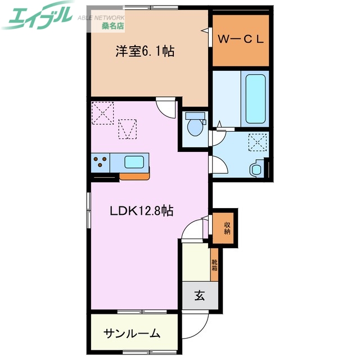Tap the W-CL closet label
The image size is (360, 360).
point(241,39)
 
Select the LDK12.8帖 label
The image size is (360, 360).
point(141,211)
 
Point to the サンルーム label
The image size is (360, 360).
point(132,334)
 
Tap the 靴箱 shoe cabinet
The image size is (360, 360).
point(214,264)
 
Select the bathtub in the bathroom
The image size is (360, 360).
point(255,98)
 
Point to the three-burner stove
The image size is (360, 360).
point(101,163)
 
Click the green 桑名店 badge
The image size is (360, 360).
point(113,25)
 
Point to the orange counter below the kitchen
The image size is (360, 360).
point(135,176)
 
